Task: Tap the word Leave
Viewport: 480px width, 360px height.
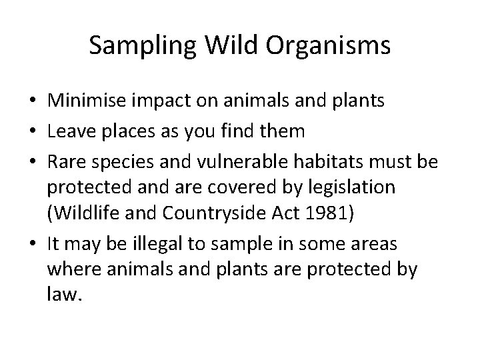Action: pyautogui.click(x=71, y=131)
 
